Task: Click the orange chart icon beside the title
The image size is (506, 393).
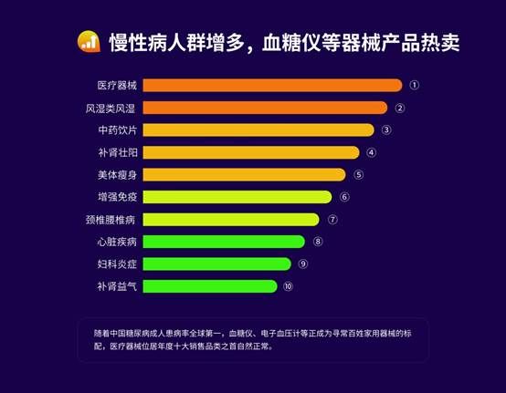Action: coord(89,42)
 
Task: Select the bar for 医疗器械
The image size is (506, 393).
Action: coord(273,86)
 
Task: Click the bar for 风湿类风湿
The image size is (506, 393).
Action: coord(265,108)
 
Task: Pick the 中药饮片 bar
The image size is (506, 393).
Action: coord(258,130)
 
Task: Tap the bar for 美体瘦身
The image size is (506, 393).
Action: coord(244,174)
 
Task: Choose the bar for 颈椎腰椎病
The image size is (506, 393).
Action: coord(231,220)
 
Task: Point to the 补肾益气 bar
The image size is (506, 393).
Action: coord(210,286)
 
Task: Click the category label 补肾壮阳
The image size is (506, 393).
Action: coord(118,152)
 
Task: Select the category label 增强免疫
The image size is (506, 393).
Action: coord(118,197)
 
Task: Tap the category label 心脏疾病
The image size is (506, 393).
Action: coord(117,242)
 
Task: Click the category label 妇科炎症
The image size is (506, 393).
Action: coord(117,264)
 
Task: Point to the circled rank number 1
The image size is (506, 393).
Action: coord(415,85)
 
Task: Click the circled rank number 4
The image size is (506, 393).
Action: coord(371,152)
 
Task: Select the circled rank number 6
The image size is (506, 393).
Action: coord(344,197)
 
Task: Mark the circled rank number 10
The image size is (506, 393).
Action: coord(288,286)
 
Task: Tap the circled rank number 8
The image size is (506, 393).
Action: coord(318,242)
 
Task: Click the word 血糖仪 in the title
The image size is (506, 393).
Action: coord(291,42)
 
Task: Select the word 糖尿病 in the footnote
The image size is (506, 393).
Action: coord(138,333)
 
